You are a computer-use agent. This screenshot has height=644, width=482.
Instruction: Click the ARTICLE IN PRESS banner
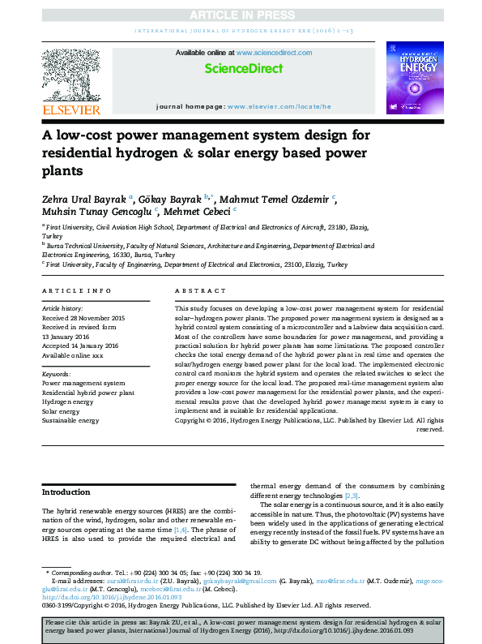pyautogui.click(x=241, y=15)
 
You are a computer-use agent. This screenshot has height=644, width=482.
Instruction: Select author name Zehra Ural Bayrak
pyautogui.click(x=85, y=199)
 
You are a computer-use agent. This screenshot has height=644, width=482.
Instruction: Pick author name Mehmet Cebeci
pyautogui.click(x=195, y=212)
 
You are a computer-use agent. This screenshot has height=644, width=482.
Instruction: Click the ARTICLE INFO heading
pyautogui.click(x=76, y=290)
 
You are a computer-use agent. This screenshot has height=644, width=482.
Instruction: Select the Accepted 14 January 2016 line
pyautogui.click(x=80, y=346)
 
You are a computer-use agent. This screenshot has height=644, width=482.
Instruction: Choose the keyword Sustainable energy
pyautogui.click(x=70, y=421)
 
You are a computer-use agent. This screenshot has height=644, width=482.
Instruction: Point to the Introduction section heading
pyautogui.click(x=66, y=492)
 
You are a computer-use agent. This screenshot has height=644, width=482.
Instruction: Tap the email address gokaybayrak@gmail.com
pyautogui.click(x=243, y=582)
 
